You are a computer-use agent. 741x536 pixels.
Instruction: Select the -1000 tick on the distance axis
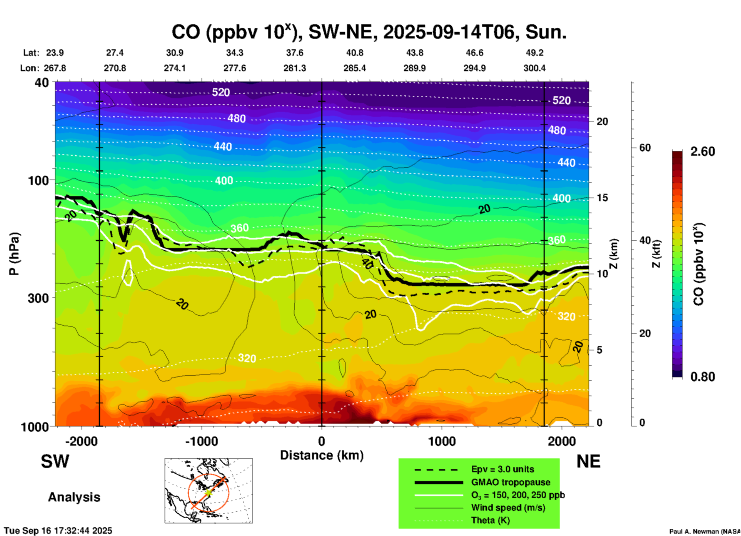201,441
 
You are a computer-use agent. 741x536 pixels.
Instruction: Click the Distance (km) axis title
322,455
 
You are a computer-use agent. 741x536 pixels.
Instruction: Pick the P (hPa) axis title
14,254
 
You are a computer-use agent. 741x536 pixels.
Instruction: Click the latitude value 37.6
295,53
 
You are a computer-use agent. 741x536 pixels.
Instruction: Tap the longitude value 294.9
474,68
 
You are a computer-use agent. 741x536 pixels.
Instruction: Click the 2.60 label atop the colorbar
703,151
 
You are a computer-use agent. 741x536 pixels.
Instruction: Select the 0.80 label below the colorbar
703,377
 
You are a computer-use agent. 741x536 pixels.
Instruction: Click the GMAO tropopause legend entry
511,482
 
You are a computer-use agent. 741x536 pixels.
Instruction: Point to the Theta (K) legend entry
490,520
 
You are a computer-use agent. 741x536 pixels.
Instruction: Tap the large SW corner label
55,461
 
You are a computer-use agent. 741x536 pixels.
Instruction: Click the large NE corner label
588,461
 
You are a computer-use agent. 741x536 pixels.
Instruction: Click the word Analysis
74,497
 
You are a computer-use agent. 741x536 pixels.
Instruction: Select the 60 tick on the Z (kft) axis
645,148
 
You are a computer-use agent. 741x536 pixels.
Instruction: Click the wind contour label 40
367,263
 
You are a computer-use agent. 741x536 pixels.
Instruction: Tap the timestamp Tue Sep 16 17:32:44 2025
58,531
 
